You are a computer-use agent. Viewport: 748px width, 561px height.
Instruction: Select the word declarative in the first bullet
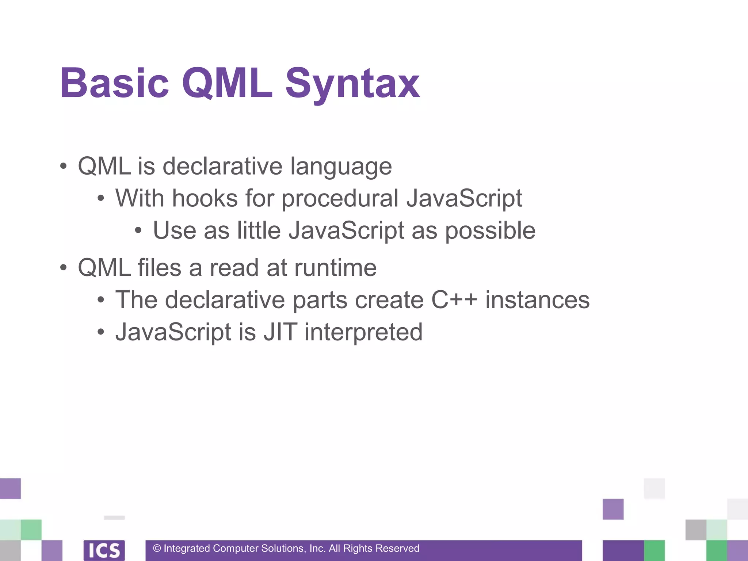point(222,166)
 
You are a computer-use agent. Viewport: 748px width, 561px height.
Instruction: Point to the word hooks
point(205,198)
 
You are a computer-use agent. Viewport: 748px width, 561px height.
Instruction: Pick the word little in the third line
point(259,230)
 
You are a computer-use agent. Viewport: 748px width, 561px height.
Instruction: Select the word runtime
point(335,268)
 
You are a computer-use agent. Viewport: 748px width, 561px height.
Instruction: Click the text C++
point(454,300)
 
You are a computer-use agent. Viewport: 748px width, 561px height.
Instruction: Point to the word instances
point(537,300)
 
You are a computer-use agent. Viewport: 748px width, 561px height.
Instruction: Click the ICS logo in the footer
point(104,550)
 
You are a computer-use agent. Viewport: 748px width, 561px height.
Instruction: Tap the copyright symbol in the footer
point(157,549)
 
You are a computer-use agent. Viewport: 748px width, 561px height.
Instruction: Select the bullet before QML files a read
point(64,268)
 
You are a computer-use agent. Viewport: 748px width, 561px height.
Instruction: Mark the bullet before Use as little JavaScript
point(138,231)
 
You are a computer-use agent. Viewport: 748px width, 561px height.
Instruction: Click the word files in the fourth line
point(159,268)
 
